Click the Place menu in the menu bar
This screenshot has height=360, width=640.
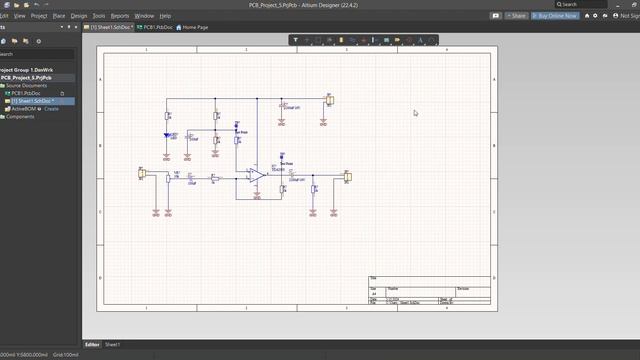(59, 16)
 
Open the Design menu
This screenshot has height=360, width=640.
(79, 16)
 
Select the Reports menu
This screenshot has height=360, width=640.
(120, 16)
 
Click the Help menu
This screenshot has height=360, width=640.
(166, 16)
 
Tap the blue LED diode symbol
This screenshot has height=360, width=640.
(168, 135)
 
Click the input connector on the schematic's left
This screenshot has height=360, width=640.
(142, 173)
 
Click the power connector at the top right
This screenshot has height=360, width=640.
(329, 101)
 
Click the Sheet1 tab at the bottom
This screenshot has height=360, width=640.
(113, 344)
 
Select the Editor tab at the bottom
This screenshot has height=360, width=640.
(91, 344)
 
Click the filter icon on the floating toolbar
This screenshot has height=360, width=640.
(297, 40)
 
